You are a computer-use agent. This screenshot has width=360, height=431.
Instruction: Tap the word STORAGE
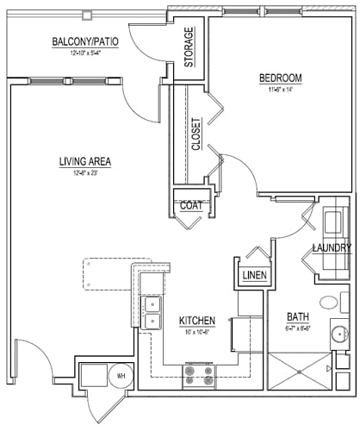[x=189, y=47]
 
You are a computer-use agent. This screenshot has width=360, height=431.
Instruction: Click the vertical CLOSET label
[x=196, y=134]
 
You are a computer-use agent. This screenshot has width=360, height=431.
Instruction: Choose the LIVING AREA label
[x=85, y=161]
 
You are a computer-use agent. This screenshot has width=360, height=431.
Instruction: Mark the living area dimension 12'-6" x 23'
[x=85, y=172]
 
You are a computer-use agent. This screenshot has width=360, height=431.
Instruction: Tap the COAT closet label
[x=191, y=205]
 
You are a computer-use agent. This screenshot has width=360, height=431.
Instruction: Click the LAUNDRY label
[x=331, y=249]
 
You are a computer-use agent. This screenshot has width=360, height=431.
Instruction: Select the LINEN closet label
[x=254, y=276]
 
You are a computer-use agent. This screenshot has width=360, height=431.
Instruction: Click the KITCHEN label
[x=196, y=320]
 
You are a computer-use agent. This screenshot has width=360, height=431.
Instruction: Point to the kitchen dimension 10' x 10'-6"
[x=196, y=330]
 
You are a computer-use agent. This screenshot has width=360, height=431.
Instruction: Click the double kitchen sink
[x=152, y=312]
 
